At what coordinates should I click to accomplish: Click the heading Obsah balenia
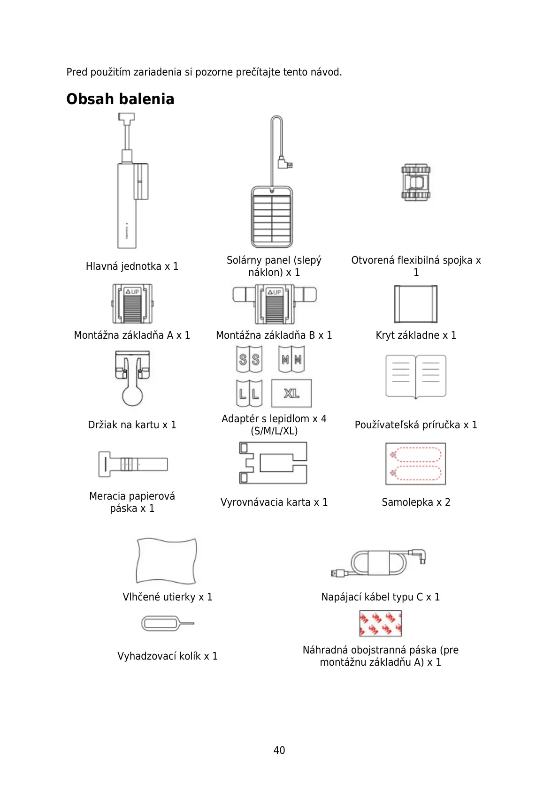pyautogui.click(x=120, y=99)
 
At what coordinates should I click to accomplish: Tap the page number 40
pyautogui.click(x=279, y=750)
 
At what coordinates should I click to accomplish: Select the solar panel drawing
pyautogui.click(x=272, y=216)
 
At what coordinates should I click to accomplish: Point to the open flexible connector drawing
pyautogui.click(x=416, y=182)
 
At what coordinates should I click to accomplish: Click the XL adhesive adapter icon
pyautogui.click(x=291, y=393)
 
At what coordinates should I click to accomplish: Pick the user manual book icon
pyautogui.click(x=416, y=377)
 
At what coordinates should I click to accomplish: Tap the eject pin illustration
pyautogui.click(x=167, y=623)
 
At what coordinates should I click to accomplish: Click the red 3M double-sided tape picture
pyautogui.click(x=380, y=623)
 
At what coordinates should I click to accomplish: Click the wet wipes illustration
pyautogui.click(x=167, y=561)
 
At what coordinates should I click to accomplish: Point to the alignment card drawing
pyautogui.click(x=273, y=463)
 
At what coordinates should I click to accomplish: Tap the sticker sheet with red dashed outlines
pyautogui.click(x=416, y=463)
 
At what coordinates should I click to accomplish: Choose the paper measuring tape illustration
pyautogui.click(x=133, y=464)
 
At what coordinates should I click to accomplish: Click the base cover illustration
pyautogui.click(x=416, y=304)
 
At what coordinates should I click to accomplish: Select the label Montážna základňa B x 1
pyautogui.click(x=274, y=335)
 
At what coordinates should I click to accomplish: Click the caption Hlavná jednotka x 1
pyautogui.click(x=132, y=266)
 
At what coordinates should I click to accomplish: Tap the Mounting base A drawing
pyautogui.click(x=132, y=304)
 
